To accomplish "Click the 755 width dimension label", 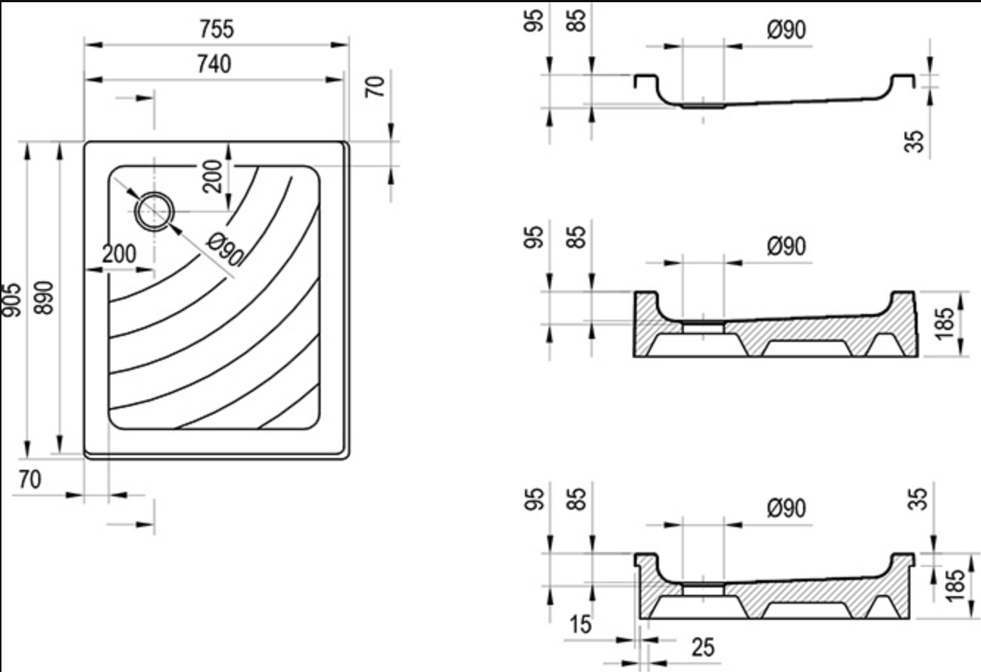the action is coord(217,29).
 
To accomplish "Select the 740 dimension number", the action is coord(214,64).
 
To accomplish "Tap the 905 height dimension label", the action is coord(11,300).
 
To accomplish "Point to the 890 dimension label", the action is coord(44,298).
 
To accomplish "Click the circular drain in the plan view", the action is coord(154,211).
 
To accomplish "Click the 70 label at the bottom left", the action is coord(29,479).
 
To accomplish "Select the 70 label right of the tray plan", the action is coord(375,87).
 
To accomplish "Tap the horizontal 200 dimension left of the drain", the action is coord(119,254).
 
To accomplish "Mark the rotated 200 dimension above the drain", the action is coord(213,176).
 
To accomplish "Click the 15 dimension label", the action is coord(581,624).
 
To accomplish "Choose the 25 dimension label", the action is coord(703,647).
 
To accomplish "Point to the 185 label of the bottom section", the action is coord(955,586).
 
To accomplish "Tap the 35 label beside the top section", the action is coord(914,141).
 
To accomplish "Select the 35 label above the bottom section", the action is coord(918,499).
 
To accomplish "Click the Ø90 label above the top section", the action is coord(787,30).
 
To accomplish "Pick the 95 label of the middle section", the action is coord(533,237).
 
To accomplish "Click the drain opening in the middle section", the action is coord(703,327).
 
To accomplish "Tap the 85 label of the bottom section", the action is coord(576,499).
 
